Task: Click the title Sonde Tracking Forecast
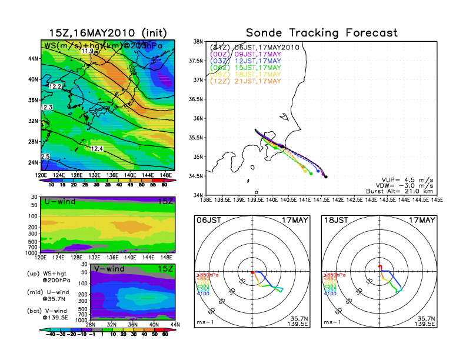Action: (321, 33)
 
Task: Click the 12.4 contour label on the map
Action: (96, 149)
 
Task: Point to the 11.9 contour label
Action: (88, 51)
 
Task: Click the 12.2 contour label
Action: (55, 86)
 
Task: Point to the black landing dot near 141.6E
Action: (325, 176)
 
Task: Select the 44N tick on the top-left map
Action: (34, 59)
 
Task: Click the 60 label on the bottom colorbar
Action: (166, 333)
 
